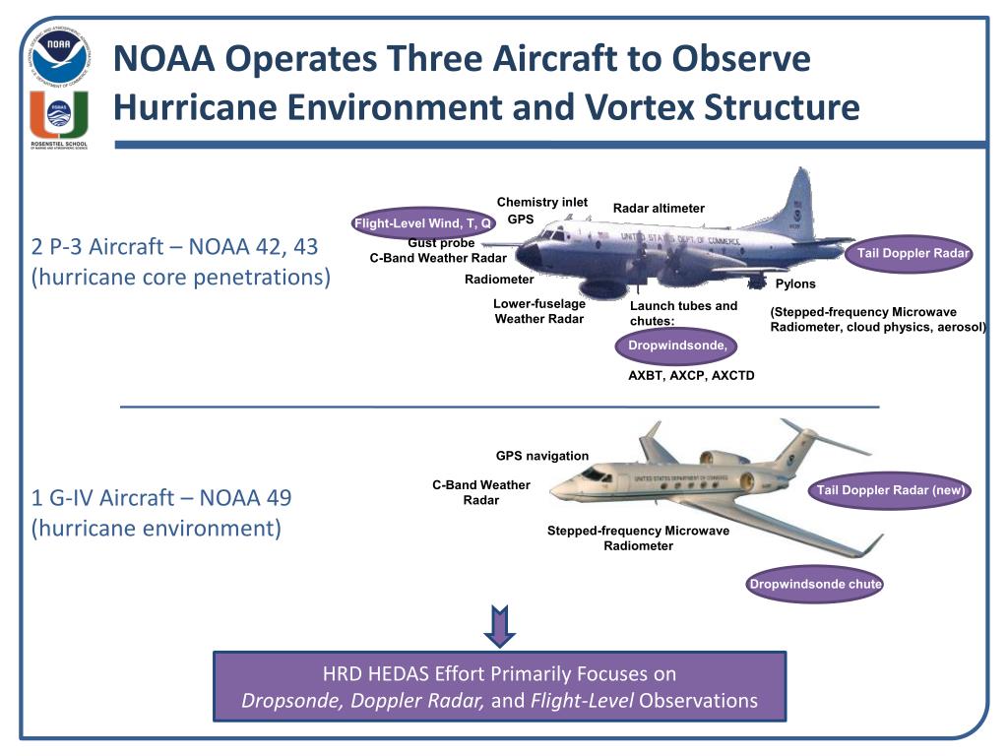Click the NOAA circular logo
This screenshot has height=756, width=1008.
tap(58, 56)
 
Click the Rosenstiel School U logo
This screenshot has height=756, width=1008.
tap(58, 117)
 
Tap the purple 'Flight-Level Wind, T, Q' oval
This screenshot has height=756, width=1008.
tap(424, 222)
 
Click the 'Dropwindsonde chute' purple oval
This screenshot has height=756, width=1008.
tap(815, 585)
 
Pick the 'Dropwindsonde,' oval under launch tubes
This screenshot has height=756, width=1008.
tap(677, 346)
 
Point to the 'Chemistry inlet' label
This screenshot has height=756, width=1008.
tap(541, 202)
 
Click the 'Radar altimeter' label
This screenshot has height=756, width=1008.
tap(659, 208)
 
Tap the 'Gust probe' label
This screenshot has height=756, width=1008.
tap(441, 243)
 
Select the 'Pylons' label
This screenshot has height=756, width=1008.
tap(795, 284)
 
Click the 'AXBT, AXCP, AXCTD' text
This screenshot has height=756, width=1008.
tap(691, 375)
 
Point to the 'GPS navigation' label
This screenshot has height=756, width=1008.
tap(542, 456)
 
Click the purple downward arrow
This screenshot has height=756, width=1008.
tap(500, 625)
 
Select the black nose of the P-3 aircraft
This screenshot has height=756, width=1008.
tap(529, 256)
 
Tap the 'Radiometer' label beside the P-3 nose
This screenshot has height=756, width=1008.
tap(498, 280)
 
